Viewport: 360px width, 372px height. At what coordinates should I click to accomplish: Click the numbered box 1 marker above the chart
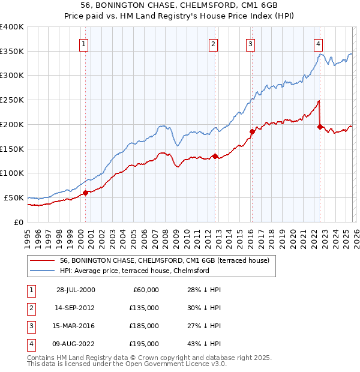[83, 43]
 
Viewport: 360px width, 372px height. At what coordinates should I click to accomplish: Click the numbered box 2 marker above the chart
[214, 43]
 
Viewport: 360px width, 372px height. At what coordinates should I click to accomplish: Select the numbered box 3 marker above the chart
[250, 43]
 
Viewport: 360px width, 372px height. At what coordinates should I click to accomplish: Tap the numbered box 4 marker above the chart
[318, 43]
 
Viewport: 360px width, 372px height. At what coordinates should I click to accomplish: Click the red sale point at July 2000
[86, 193]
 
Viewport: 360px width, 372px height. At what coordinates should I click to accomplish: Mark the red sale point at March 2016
[252, 131]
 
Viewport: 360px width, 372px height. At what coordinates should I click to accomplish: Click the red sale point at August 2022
[320, 127]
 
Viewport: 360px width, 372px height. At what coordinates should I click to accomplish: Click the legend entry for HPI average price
[134, 271]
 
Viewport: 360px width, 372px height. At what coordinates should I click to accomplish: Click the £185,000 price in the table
[145, 326]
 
